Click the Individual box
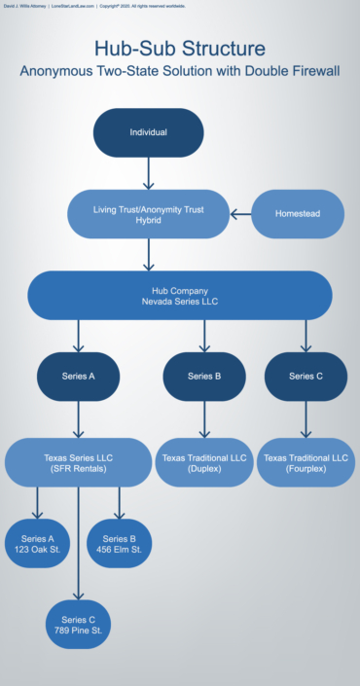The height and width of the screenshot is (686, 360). pyautogui.click(x=148, y=132)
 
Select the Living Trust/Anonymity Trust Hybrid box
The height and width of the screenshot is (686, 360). pyautogui.click(x=148, y=214)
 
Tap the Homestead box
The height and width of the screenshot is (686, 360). pyautogui.click(x=298, y=214)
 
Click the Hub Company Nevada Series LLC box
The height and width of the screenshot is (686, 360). pyautogui.click(x=180, y=295)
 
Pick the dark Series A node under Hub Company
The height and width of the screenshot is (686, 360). pyautogui.click(x=78, y=376)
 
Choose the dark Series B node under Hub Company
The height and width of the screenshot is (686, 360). pyautogui.click(x=203, y=376)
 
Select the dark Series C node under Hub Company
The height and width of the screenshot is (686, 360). pyautogui.click(x=306, y=376)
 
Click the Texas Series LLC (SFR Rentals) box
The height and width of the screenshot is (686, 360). pyautogui.click(x=79, y=462)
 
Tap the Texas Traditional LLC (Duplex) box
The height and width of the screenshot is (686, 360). pyautogui.click(x=203, y=462)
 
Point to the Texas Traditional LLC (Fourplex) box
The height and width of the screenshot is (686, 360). pyautogui.click(x=306, y=462)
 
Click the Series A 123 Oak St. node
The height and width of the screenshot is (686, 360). pyautogui.click(x=38, y=544)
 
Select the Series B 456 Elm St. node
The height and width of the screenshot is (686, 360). pyautogui.click(x=119, y=544)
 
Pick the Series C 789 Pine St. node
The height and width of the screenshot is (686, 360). pyautogui.click(x=79, y=625)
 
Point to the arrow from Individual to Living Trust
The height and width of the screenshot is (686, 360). pyautogui.click(x=148, y=173)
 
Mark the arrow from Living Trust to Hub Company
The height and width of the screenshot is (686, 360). pyautogui.click(x=148, y=254)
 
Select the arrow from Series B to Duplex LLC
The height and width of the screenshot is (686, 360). pyautogui.click(x=203, y=419)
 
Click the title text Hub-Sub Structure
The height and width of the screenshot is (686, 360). pyautogui.click(x=180, y=49)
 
